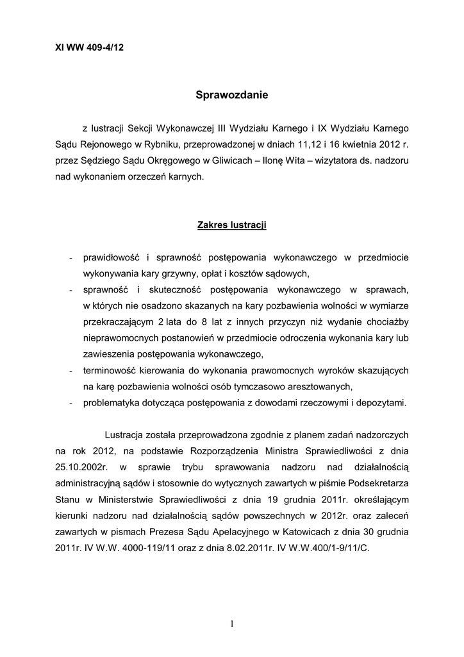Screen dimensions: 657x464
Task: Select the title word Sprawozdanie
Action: pos(232,96)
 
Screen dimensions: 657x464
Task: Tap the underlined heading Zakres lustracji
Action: pos(231,226)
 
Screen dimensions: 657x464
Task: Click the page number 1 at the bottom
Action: pos(232,624)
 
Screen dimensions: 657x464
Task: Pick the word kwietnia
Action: pos(349,145)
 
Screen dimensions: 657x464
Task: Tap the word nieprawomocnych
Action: pos(119,336)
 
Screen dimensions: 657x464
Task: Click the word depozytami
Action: pos(381,402)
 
